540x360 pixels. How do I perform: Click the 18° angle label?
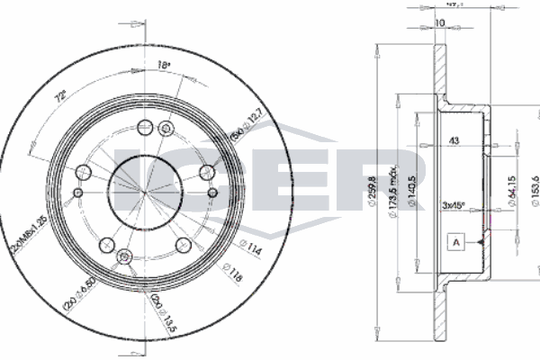[163, 66]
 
